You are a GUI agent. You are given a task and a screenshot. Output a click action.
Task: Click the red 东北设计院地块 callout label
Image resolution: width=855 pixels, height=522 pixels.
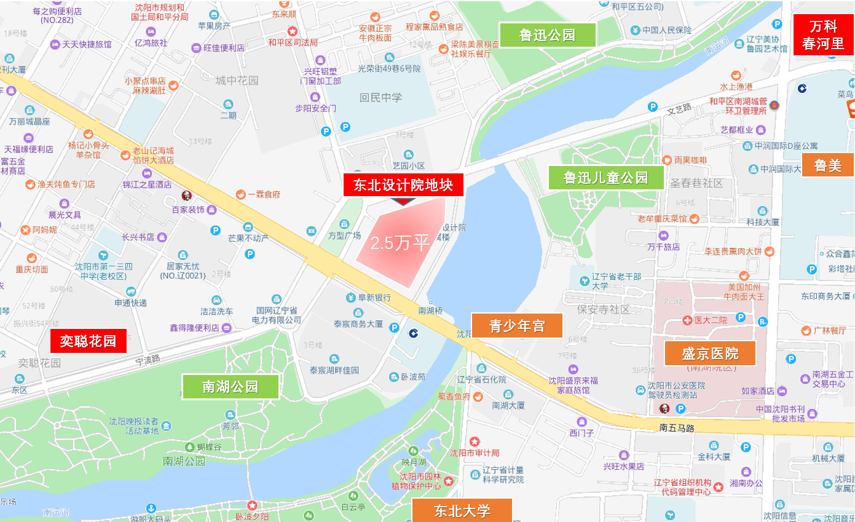[x=403, y=186]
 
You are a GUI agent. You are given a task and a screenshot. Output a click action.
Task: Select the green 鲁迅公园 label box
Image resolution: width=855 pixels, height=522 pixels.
[x=547, y=35]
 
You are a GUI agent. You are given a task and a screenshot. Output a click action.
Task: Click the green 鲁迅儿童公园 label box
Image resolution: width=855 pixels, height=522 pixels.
[x=606, y=178]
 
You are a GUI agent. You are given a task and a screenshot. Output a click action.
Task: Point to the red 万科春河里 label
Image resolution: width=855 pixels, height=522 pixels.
[x=823, y=35]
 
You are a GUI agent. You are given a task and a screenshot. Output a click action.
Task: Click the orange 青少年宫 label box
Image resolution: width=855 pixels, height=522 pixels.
[x=517, y=326]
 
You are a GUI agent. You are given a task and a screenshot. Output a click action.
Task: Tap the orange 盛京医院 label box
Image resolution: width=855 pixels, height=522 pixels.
[x=710, y=354]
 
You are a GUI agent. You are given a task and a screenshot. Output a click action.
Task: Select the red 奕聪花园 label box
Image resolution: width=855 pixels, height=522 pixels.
[x=88, y=341]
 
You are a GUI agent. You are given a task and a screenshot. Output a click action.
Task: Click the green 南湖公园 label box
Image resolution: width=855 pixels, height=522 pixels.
[x=230, y=387]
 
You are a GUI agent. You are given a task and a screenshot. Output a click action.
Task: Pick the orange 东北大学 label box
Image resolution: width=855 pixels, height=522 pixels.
[x=462, y=510]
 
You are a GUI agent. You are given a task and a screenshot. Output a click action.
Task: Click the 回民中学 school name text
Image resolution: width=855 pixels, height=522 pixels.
[x=380, y=98]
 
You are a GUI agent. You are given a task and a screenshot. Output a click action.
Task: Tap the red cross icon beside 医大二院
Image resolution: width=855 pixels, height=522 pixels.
[x=687, y=320]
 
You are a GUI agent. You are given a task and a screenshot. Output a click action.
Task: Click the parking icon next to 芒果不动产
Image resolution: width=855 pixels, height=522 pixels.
[x=215, y=230]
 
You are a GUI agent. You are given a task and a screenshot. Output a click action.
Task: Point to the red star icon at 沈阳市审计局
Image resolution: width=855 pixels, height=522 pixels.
[x=475, y=441]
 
